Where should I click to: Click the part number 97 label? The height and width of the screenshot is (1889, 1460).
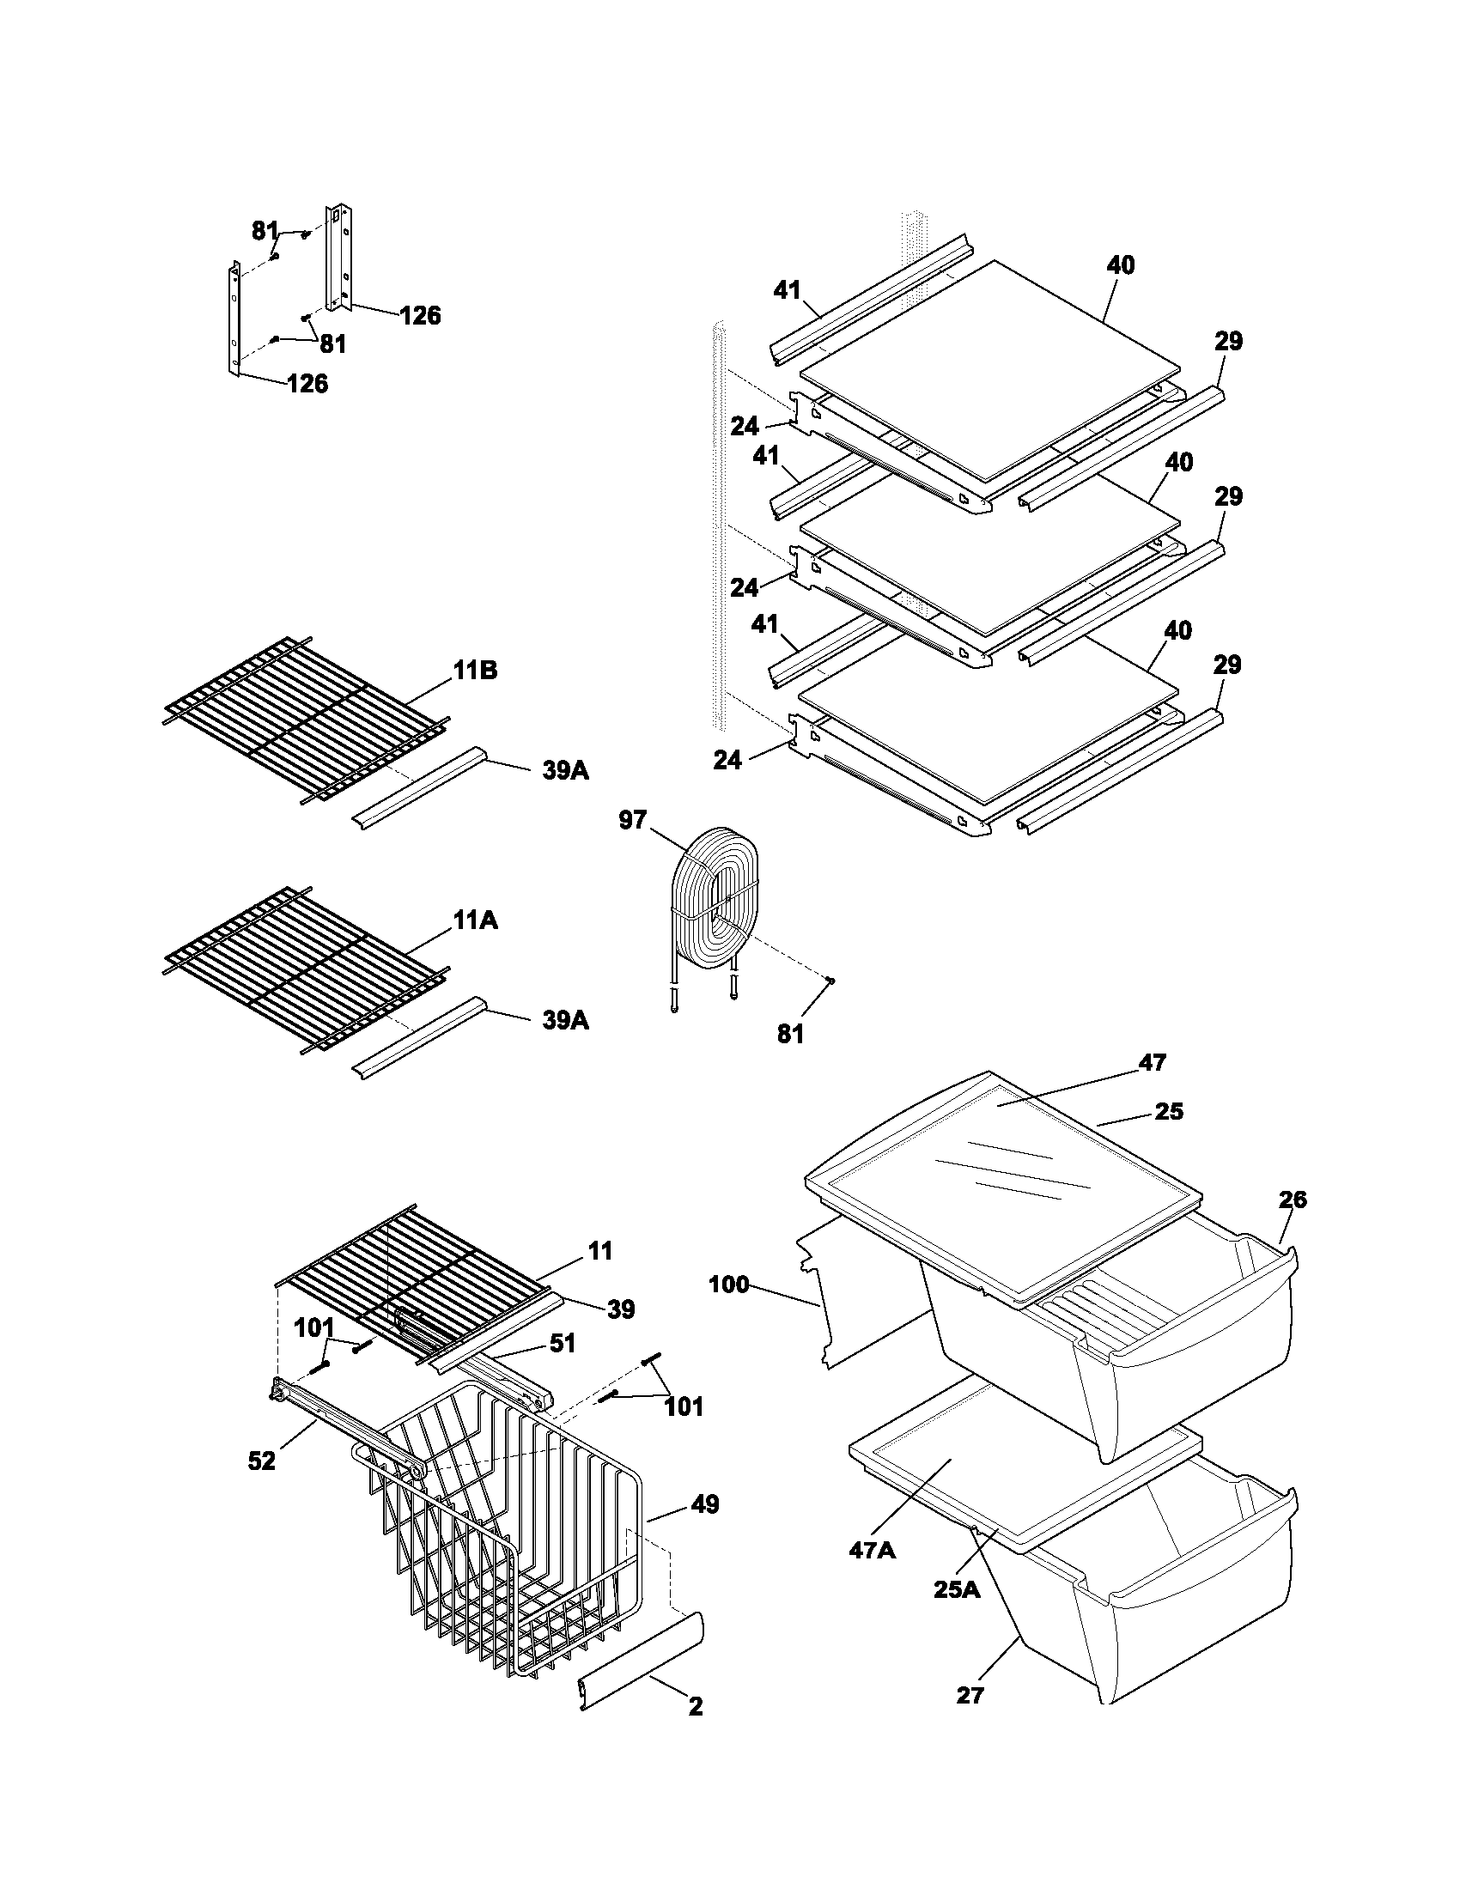632,819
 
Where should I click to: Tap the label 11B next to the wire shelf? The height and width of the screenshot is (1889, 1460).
475,671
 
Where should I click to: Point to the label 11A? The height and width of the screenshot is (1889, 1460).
475,921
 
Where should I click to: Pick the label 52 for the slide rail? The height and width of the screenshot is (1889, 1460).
261,1461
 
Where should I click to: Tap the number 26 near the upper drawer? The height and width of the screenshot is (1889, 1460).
1293,1200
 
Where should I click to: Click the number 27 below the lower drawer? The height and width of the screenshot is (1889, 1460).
970,1695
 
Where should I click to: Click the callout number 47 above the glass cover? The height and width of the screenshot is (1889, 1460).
1152,1062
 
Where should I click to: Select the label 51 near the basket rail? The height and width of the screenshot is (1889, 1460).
562,1342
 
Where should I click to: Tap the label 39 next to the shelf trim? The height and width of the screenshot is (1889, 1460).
620,1309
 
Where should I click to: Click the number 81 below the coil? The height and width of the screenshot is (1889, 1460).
789,1033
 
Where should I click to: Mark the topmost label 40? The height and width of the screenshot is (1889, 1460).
1120,265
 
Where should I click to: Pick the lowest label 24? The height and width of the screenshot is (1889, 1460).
727,759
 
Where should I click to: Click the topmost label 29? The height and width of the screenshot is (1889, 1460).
1228,342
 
